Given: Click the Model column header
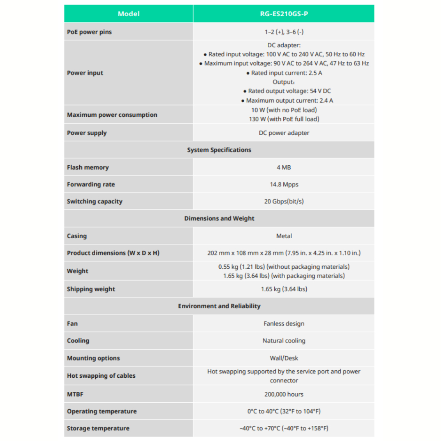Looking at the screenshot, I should [128, 14].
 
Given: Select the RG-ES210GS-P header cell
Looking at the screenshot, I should [284, 14].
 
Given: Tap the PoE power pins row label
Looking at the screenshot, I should [89, 32].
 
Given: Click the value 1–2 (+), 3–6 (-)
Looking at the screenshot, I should [284, 32].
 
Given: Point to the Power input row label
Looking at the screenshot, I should [85, 73].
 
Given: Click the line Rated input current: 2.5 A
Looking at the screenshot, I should [284, 73].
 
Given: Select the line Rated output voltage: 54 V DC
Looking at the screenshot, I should [284, 91].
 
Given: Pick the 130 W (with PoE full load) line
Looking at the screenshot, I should [284, 119].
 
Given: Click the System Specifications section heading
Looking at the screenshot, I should [219, 150].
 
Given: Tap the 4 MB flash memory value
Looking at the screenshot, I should [284, 167].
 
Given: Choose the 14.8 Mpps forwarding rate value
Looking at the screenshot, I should [284, 184].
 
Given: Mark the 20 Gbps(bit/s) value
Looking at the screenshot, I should [284, 201].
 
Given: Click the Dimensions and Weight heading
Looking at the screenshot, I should [219, 218].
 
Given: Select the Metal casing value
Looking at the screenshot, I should [284, 236].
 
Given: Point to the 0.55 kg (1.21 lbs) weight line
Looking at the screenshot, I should [284, 267].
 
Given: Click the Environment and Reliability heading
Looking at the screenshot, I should [219, 306].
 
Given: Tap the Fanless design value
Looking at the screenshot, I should [284, 323].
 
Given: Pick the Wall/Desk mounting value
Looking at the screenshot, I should [284, 358].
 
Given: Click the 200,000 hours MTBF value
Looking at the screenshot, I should [284, 394].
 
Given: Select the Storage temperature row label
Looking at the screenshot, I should [98, 428].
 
